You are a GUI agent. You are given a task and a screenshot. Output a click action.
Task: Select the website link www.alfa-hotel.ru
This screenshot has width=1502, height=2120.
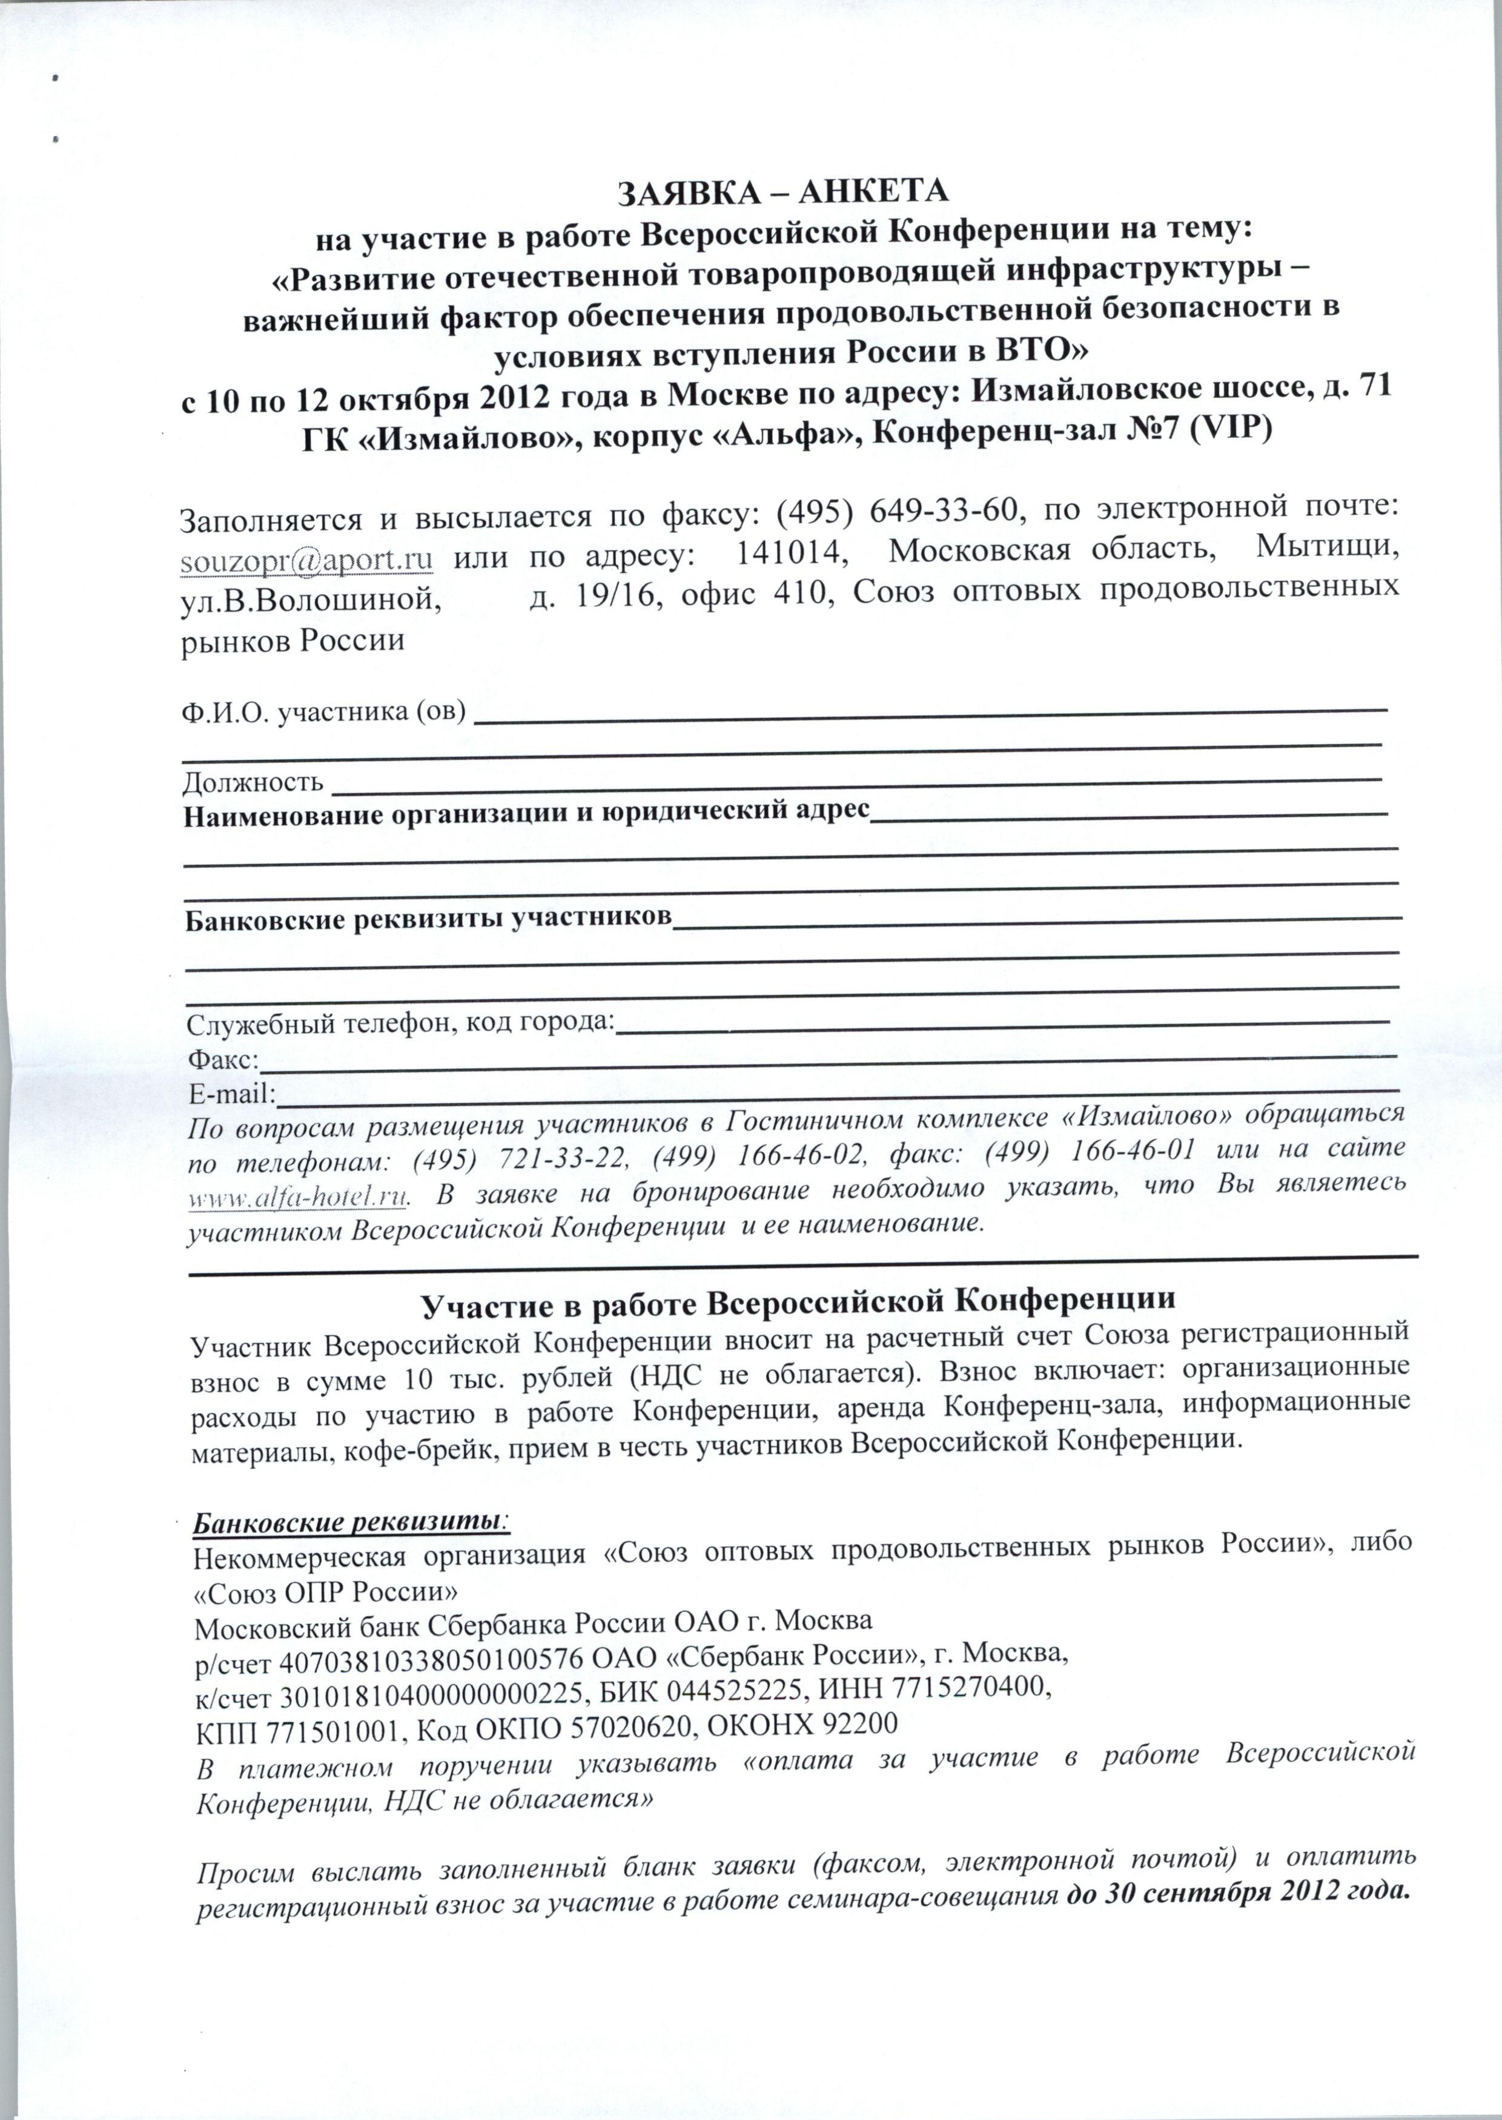(x=298, y=1197)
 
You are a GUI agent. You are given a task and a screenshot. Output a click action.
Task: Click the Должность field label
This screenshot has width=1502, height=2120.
(x=253, y=783)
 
